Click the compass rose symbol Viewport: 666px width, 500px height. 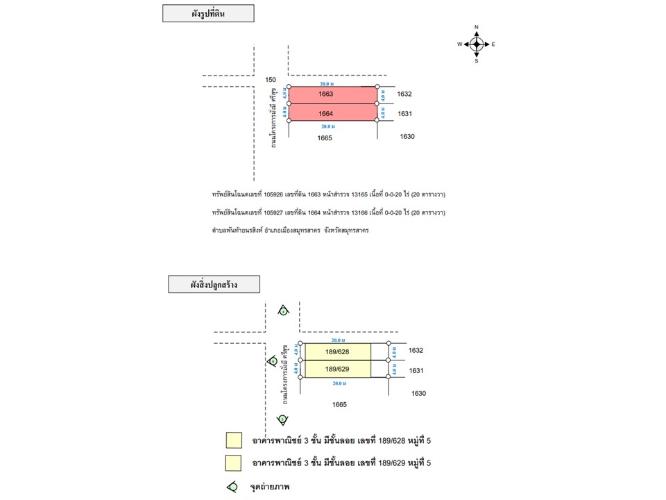click(477, 44)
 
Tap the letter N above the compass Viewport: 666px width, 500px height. click(477, 28)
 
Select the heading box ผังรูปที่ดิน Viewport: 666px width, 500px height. click(208, 13)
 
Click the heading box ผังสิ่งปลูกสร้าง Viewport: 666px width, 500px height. click(214, 284)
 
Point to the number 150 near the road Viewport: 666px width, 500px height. click(271, 80)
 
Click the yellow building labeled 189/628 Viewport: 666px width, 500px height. click(338, 352)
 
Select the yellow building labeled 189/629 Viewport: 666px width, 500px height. click(338, 369)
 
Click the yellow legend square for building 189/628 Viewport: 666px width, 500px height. click(234, 440)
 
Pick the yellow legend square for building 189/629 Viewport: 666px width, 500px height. click(234, 462)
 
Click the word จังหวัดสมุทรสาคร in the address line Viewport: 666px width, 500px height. click(345, 229)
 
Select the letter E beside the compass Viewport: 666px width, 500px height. click(493, 44)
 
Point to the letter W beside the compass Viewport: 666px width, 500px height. click(459, 44)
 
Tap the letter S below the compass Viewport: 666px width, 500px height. click(477, 61)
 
